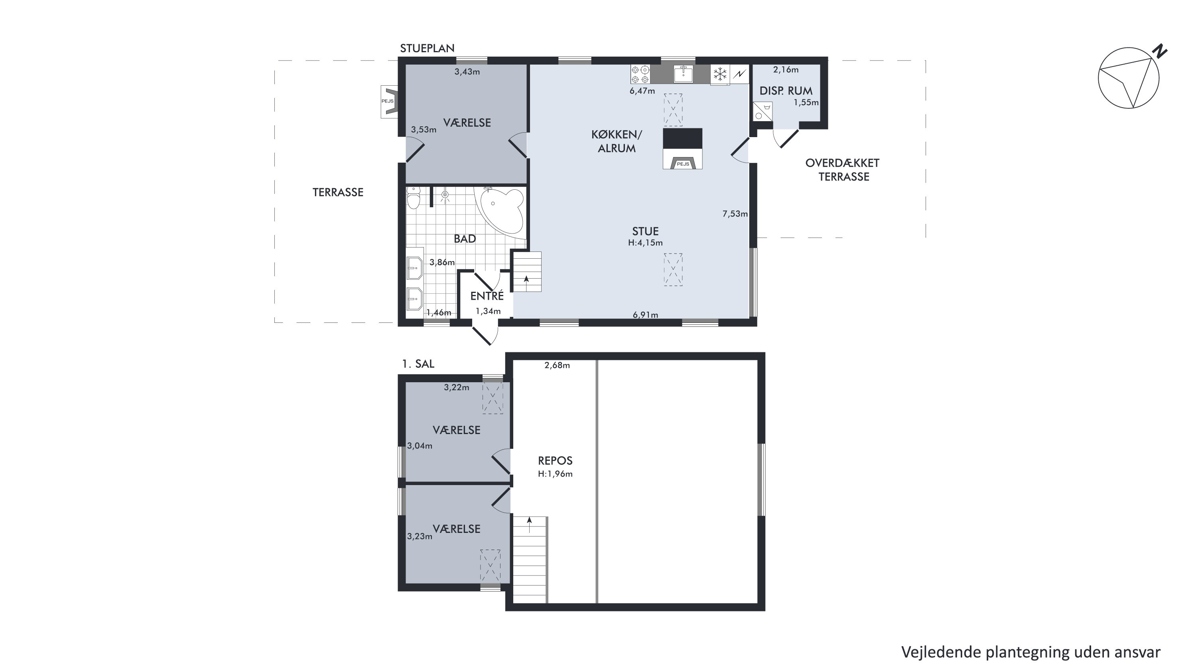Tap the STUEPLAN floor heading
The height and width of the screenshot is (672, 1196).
tap(427, 48)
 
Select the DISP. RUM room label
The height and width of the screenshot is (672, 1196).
tap(786, 91)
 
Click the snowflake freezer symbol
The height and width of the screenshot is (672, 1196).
tap(720, 74)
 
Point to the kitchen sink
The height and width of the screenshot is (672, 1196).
tap(684, 74)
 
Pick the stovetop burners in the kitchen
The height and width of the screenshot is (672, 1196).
tap(640, 74)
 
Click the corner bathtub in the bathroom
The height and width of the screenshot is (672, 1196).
tap(500, 210)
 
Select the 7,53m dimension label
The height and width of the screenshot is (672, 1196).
tap(735, 214)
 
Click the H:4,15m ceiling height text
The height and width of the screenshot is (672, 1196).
tap(645, 243)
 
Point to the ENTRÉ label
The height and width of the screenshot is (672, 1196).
tap(487, 296)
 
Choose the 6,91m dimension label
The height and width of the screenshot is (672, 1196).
tap(645, 315)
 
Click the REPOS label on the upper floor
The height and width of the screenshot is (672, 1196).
tap(555, 461)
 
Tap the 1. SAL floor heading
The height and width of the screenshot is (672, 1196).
tap(418, 364)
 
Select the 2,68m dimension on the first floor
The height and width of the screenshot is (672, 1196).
tap(557, 365)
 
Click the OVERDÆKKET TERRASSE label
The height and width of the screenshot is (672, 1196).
tap(843, 170)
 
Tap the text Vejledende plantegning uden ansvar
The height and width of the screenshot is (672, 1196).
tap(1031, 652)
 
